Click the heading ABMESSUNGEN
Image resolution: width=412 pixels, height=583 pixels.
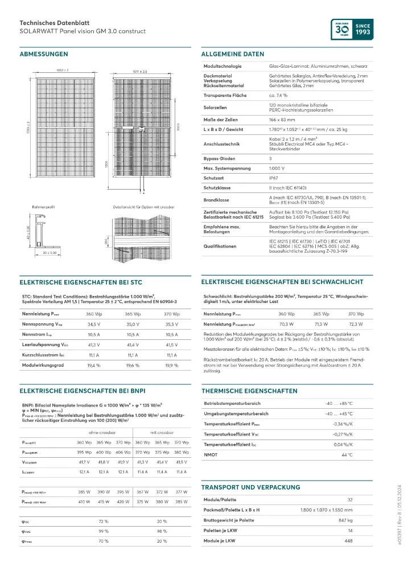(x=44, y=54)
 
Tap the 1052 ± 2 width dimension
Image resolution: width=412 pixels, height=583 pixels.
(x=63, y=70)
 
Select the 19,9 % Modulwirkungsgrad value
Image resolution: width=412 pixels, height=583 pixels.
(x=172, y=365)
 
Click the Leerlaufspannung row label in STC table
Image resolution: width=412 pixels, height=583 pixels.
(x=46, y=345)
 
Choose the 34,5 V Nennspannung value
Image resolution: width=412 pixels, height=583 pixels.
(x=93, y=323)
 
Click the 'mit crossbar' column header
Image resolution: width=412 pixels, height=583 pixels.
(x=162, y=433)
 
